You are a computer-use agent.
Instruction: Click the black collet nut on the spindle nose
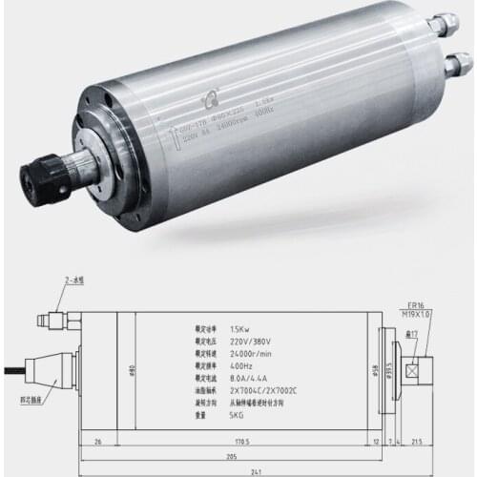(x=40, y=176)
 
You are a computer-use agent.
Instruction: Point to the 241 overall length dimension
(x=239, y=471)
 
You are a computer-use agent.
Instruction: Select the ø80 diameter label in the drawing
(x=135, y=369)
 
